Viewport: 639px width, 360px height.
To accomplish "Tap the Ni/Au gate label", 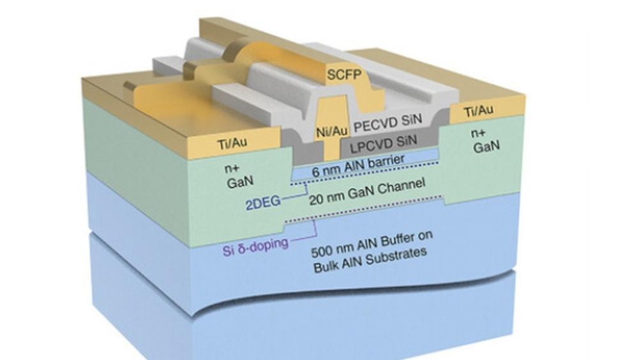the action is point(332,131).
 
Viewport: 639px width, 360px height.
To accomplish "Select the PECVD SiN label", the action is point(387,123).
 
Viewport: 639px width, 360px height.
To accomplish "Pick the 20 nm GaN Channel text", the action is point(367,193).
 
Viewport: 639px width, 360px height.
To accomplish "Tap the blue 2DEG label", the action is point(263,203).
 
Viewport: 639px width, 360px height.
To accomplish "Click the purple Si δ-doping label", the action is point(255,246).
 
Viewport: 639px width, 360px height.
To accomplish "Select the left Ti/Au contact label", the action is point(232,144).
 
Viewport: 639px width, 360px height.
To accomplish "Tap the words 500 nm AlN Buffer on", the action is point(372,244).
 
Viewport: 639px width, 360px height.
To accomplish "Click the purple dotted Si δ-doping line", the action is point(363,209).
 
